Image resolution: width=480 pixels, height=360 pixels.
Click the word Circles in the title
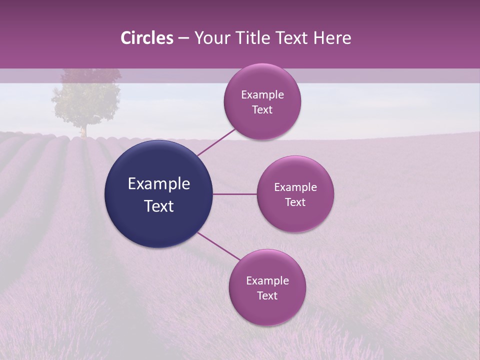(147, 38)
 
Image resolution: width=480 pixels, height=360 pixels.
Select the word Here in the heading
(332, 38)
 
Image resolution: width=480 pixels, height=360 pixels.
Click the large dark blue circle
(159, 194)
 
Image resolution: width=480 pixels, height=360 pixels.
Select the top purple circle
(262, 102)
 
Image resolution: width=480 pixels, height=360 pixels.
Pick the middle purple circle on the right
(295, 194)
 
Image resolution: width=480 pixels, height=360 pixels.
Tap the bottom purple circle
(267, 287)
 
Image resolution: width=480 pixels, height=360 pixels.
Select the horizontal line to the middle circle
(235, 194)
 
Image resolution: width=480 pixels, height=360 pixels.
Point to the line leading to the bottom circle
(218, 246)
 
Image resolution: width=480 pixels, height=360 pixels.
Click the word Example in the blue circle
(159, 184)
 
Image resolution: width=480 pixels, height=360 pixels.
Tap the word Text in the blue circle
(159, 206)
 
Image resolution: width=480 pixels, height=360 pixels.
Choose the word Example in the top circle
(262, 95)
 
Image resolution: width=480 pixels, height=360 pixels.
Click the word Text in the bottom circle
(267, 295)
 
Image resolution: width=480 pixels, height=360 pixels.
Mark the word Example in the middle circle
(295, 187)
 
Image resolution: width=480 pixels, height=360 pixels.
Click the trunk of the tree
(83, 131)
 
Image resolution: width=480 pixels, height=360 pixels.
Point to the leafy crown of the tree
(86, 97)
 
